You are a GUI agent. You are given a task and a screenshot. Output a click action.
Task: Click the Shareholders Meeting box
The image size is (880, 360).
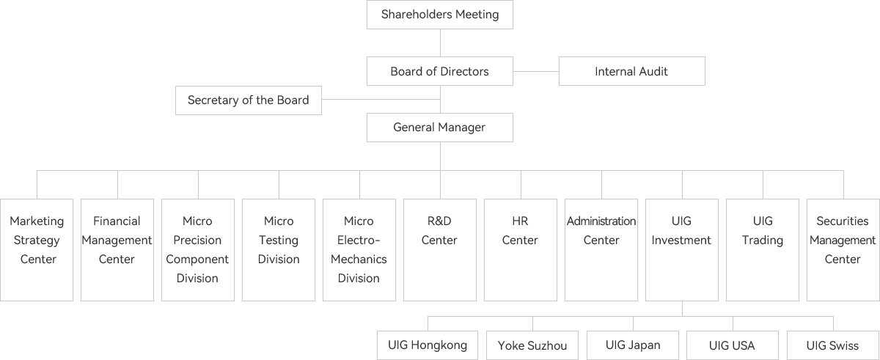coord(440,15)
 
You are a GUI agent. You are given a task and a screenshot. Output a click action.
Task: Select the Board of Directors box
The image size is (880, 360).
coord(440,72)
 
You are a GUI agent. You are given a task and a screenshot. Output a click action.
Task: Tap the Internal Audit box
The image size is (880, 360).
coord(631,72)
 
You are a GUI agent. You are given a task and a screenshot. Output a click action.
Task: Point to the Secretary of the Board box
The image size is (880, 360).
coord(249,100)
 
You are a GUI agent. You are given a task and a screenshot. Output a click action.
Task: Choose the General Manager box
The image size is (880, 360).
coord(440,128)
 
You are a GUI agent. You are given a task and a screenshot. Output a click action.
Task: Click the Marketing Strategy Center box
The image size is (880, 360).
coord(37,249)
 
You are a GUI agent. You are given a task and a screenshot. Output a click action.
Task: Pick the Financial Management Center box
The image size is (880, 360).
coord(117,249)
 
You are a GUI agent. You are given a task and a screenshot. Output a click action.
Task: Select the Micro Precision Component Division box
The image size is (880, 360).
coord(198,249)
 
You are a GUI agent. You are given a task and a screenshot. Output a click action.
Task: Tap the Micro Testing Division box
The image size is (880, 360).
coord(279,249)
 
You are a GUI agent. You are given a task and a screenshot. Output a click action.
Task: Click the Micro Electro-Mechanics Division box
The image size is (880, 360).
coord(359,249)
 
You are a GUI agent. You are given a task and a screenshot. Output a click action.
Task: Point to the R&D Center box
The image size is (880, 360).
coord(440,249)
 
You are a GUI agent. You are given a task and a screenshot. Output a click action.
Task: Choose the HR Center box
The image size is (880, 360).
coord(521,249)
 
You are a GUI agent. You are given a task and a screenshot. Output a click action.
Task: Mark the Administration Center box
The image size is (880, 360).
coord(601,249)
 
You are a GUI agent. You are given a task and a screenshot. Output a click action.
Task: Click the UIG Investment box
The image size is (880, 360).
coord(682,249)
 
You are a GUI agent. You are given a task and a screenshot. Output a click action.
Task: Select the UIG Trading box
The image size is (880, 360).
coord(763,249)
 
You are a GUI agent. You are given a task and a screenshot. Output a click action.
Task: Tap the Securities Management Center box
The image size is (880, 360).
coord(843,249)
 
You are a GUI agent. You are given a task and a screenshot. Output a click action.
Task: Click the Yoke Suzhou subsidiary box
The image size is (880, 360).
coord(532,345)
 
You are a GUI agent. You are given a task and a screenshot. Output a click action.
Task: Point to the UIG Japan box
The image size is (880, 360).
coord(634,345)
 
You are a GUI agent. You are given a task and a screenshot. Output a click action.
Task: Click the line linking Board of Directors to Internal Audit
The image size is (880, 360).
coord(536,72)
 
